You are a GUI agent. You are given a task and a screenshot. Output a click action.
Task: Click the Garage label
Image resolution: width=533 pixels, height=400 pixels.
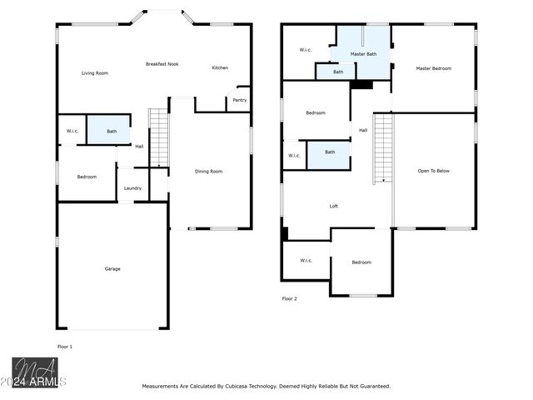112,269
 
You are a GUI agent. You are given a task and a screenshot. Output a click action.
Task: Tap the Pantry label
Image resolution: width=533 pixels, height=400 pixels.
240,100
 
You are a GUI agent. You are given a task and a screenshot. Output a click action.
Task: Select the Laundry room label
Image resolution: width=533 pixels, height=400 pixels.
132,188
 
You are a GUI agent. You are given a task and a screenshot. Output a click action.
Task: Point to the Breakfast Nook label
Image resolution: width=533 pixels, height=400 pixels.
162,64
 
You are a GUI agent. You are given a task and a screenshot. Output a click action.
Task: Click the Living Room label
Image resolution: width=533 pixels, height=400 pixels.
95,73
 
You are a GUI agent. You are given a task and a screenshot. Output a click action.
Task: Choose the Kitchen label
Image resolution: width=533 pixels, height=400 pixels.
220,67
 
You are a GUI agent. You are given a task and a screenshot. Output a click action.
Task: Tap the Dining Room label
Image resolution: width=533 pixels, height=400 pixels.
209,172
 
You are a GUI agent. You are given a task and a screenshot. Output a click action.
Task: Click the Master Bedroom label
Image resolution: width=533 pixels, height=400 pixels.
434,68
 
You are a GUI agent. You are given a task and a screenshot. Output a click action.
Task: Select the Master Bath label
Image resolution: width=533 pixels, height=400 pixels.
363,54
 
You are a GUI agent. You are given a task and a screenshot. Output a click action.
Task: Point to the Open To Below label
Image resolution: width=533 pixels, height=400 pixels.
434,171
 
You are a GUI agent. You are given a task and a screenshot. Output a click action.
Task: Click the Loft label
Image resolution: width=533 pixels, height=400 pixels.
334,206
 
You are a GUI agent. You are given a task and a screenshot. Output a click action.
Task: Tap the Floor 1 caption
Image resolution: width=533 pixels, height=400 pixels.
65,347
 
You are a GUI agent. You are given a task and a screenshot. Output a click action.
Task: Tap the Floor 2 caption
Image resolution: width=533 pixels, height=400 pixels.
290,298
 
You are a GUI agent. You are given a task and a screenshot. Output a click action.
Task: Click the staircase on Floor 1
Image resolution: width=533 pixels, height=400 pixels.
159,137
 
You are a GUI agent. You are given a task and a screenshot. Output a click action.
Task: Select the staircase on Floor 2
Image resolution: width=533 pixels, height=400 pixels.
383,148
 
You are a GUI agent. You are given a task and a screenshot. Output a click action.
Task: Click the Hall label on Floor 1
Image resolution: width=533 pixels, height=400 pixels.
139,147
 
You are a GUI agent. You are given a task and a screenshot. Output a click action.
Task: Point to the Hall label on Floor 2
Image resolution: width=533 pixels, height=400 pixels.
363,130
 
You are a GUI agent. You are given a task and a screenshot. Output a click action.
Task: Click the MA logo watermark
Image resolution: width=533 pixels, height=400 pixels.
35,372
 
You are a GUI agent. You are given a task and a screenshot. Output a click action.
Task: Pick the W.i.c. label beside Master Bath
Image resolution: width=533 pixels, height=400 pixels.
306,50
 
